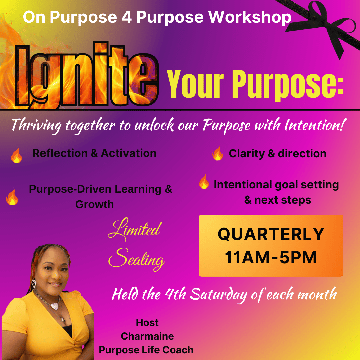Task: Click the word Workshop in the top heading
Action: click(x=250, y=17)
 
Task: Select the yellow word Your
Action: click(x=195, y=84)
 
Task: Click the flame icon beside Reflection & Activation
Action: click(x=17, y=155)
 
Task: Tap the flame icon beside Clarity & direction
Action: click(x=218, y=153)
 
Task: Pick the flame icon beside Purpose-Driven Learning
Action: click(x=12, y=197)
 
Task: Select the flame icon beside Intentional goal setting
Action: click(x=204, y=181)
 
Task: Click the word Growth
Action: click(x=94, y=204)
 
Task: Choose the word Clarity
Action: click(x=247, y=154)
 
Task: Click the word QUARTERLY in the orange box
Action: click(x=271, y=234)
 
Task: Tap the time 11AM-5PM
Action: click(x=271, y=257)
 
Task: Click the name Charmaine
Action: click(x=147, y=336)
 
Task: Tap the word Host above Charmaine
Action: click(x=147, y=323)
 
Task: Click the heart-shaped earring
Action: click(x=34, y=283)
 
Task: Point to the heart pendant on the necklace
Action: click(x=54, y=306)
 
